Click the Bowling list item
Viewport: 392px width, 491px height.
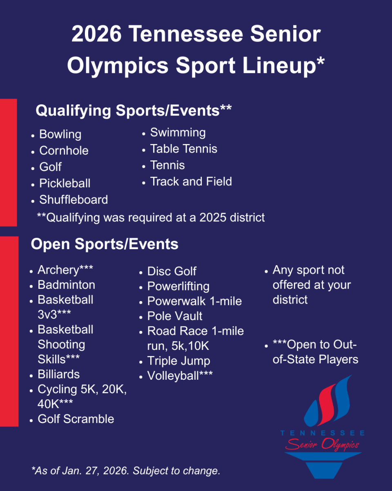pyautogui.click(x=60, y=134)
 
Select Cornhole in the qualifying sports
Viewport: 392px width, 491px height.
pyautogui.click(x=64, y=151)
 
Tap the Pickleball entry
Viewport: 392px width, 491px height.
pyautogui.click(x=65, y=183)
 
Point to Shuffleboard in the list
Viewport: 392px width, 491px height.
pyautogui.click(x=73, y=200)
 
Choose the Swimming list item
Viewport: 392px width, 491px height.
pyautogui.click(x=178, y=133)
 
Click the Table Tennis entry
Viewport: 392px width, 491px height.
pyautogui.click(x=184, y=149)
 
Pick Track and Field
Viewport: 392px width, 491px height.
pyautogui.click(x=191, y=182)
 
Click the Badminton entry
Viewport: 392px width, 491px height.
pyautogui.click(x=66, y=285)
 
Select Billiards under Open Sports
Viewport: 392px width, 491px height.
pyautogui.click(x=58, y=374)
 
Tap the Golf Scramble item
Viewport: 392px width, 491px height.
pyautogui.click(x=76, y=419)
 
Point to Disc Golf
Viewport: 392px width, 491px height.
pyautogui.click(x=172, y=271)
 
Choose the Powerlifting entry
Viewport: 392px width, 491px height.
pyautogui.click(x=178, y=286)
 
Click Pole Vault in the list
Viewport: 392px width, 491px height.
pyautogui.click(x=175, y=316)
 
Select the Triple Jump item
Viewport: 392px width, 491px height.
pyautogui.click(x=178, y=361)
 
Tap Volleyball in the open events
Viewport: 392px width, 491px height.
pyautogui.click(x=180, y=376)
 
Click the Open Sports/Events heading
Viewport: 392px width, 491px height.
pyautogui.click(x=105, y=244)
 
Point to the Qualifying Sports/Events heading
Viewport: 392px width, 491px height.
pyautogui.click(x=134, y=111)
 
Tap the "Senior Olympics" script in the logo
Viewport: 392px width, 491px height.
pyautogui.click(x=322, y=444)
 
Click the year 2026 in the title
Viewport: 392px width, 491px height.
pyautogui.click(x=96, y=34)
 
